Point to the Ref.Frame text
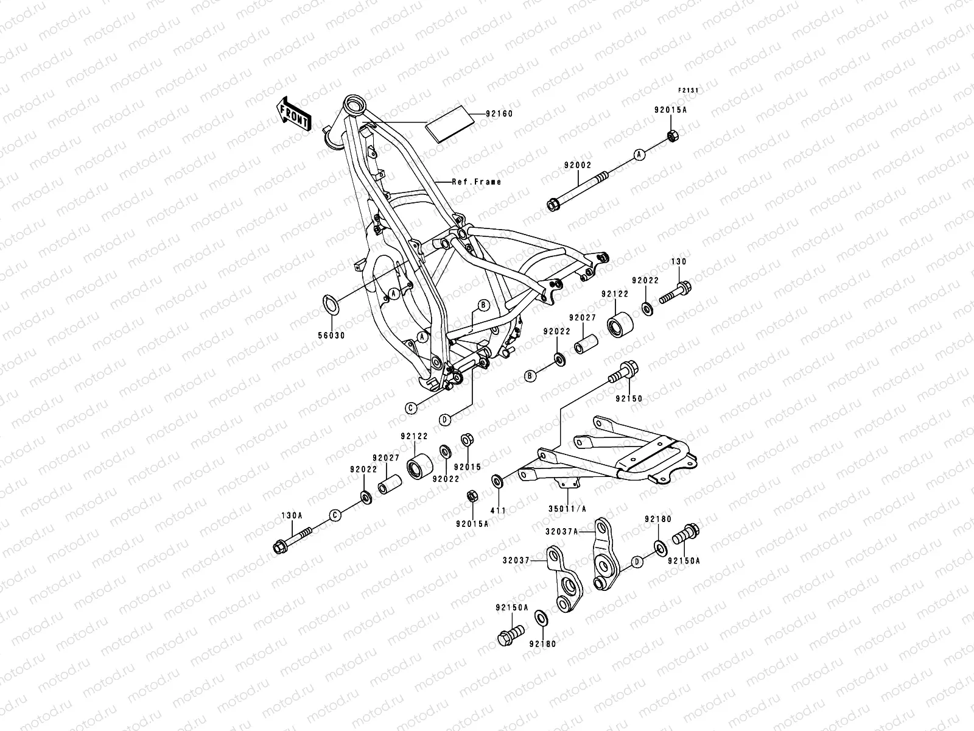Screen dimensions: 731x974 477,182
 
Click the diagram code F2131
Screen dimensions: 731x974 688,90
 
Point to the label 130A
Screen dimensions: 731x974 292,515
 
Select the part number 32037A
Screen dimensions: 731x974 561,531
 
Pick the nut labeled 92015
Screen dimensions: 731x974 468,439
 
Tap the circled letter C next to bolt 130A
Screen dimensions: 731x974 334,515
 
